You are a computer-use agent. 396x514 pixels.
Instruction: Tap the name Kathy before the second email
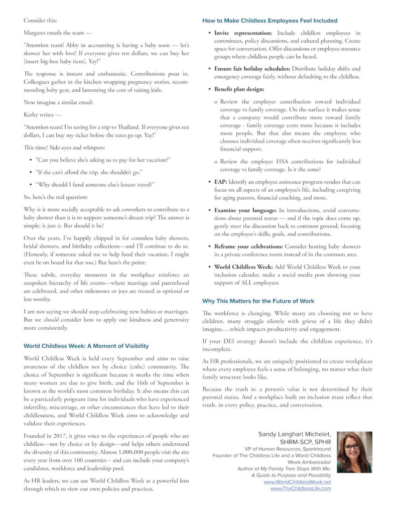pyautogui.click(x=32, y=115)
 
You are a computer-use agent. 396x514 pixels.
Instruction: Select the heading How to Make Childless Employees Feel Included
pyautogui.click(x=270, y=21)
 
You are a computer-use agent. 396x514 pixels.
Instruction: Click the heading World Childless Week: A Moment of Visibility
pyautogui.click(x=86, y=346)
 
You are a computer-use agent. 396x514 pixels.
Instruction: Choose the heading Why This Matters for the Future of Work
pyautogui.click(x=258, y=301)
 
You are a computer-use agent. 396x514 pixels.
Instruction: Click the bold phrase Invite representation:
pyautogui.click(x=242, y=33)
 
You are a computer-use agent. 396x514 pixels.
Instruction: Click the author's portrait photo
pyautogui.click(x=354, y=452)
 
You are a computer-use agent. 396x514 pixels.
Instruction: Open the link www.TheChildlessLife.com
pyautogui.click(x=300, y=488)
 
